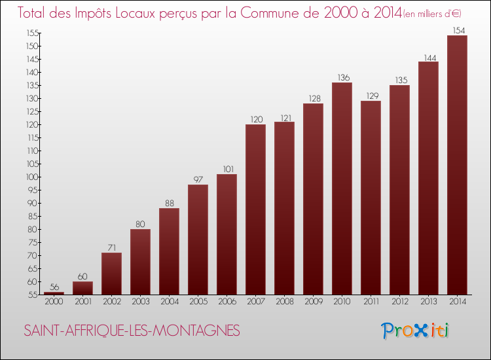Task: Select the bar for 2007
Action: pyautogui.click(x=255, y=209)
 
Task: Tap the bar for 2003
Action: pyautogui.click(x=140, y=262)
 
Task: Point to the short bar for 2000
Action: pyautogui.click(x=54, y=293)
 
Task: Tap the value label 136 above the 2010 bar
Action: pyautogui.click(x=342, y=77)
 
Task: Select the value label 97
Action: pyautogui.click(x=198, y=179)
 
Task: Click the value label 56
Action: pyautogui.click(x=54, y=287)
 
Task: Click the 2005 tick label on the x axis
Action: pyautogui.click(x=198, y=302)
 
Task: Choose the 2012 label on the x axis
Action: pyautogui.click(x=399, y=302)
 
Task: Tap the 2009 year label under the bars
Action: pyautogui.click(x=313, y=302)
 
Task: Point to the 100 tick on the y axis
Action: pyautogui.click(x=31, y=177)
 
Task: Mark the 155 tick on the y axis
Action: pyautogui.click(x=31, y=33)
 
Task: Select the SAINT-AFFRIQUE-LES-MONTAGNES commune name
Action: pyautogui.click(x=132, y=331)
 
